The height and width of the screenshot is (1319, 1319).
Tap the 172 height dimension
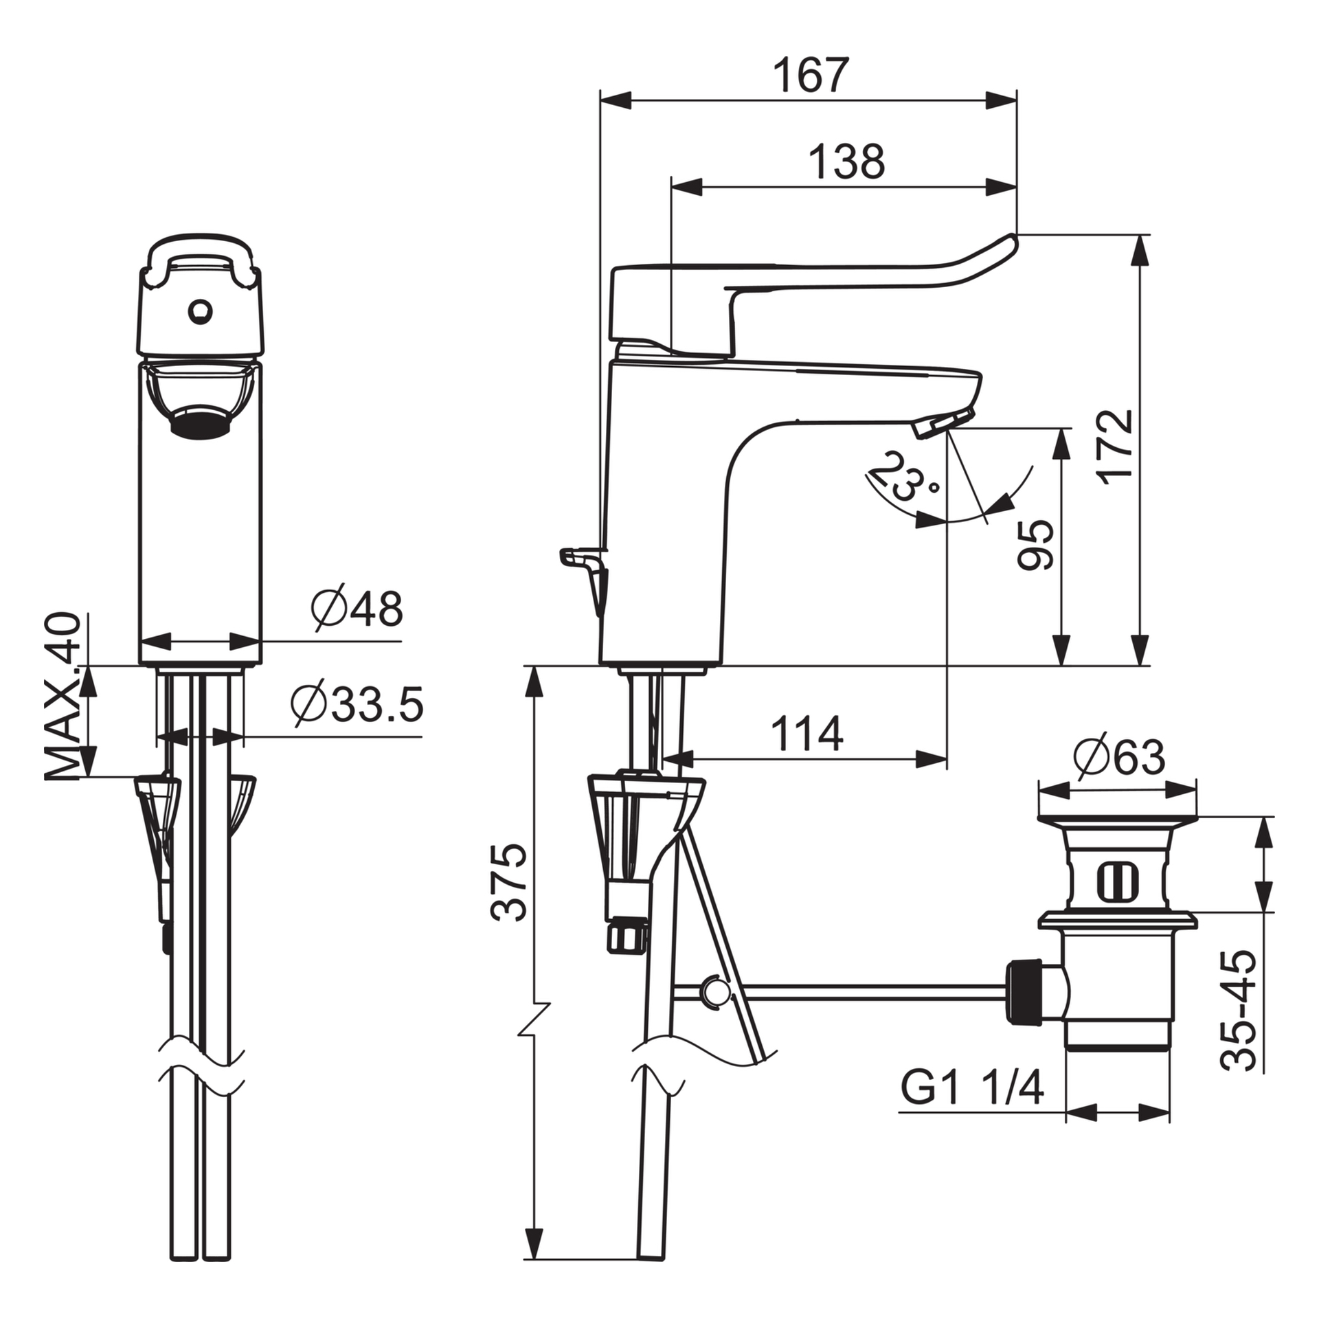coord(1114,448)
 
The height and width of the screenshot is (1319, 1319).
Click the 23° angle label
coord(901,477)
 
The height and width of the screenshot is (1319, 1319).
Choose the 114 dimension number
coord(807,734)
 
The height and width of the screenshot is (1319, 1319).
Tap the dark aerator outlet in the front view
coord(201,421)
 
